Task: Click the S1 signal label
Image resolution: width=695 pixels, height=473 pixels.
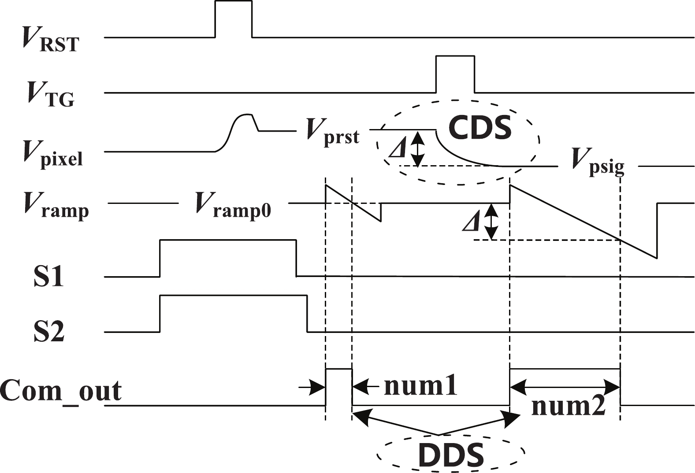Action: pos(48,277)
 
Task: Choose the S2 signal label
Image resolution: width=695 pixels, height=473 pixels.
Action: pos(49,332)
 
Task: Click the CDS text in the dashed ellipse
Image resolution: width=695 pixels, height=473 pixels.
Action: pos(479,128)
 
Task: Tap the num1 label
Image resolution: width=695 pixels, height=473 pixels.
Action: pos(421,386)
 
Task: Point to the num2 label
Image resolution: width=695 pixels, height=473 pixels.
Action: pos(569,406)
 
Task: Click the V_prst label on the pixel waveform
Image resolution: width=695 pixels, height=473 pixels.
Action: pos(333,132)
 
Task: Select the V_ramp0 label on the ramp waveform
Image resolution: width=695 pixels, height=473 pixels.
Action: pos(233,207)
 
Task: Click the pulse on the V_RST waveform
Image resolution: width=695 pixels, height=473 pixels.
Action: pos(233,18)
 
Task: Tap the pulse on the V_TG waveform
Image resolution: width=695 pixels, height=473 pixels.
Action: pos(455,74)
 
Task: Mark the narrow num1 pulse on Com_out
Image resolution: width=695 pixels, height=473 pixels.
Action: pos(338,387)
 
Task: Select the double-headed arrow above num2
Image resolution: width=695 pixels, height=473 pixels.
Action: pos(565,386)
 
